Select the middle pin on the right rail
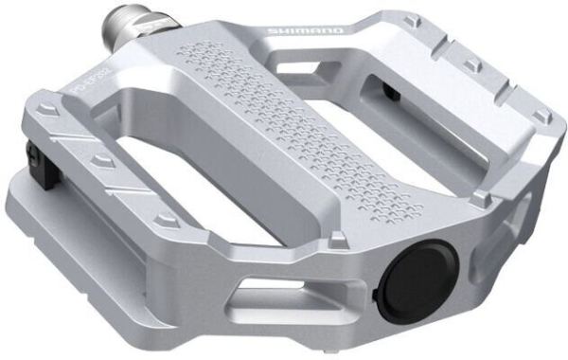(x=470, y=65)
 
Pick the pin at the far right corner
(x=541, y=117)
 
